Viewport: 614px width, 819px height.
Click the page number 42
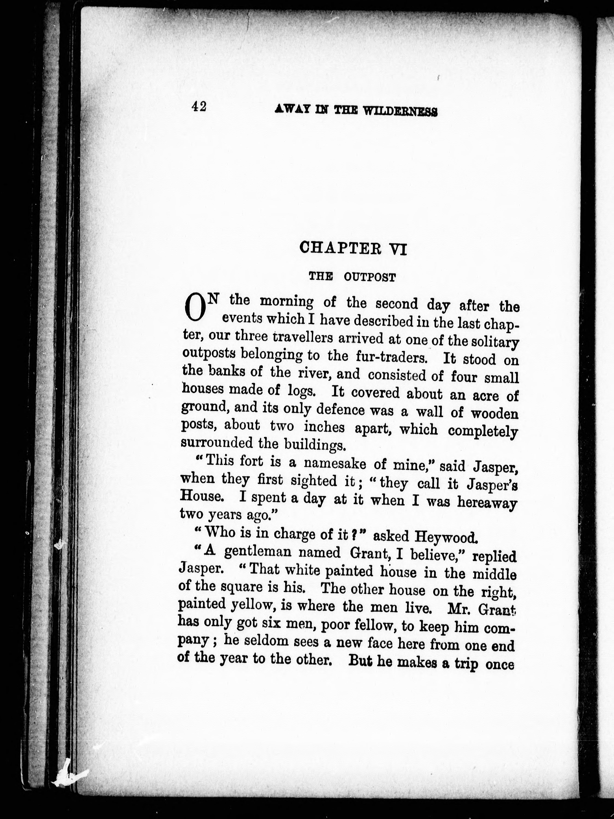[199, 107]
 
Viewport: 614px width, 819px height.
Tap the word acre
[486, 395]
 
